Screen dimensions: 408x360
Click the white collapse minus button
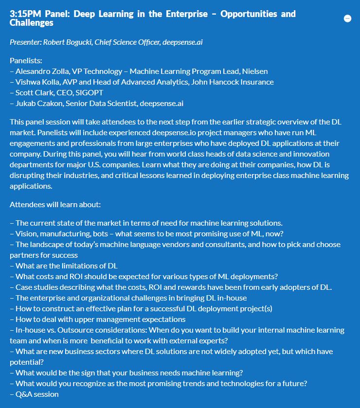(347, 18)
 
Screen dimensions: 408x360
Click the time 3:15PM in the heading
(24, 14)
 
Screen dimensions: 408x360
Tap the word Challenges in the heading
(32, 23)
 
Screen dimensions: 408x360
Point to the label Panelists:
(26, 61)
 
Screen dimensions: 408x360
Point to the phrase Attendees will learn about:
(55, 204)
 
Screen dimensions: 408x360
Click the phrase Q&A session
(37, 394)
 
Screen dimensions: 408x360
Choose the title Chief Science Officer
(129, 42)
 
